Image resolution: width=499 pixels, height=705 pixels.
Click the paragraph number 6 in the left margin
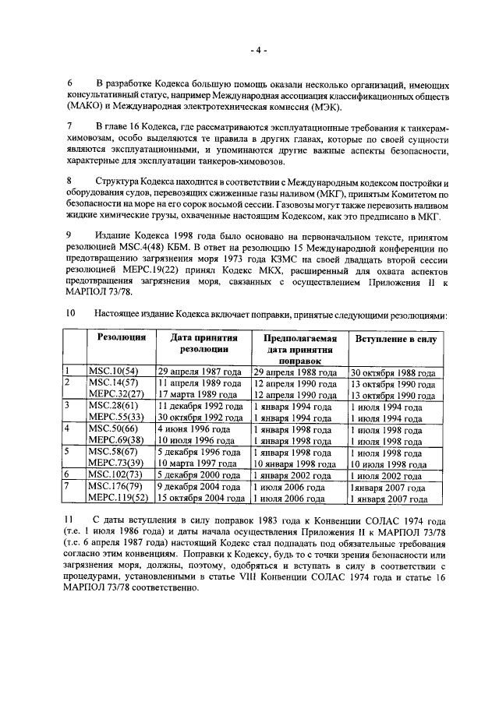pyautogui.click(x=69, y=83)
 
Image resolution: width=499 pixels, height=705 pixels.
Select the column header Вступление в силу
pyautogui.click(x=396, y=340)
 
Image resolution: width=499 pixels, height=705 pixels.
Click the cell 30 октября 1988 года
pyautogui.click(x=392, y=373)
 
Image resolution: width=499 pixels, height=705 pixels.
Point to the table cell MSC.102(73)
pyautogui.click(x=115, y=474)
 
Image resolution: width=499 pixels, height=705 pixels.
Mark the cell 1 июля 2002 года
pyautogui.click(x=387, y=474)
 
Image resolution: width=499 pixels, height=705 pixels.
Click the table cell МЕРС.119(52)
pyautogui.click(x=118, y=498)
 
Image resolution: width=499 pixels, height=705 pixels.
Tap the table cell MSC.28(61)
pyautogui.click(x=113, y=406)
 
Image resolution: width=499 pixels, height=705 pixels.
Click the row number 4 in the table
pyautogui.click(x=69, y=428)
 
